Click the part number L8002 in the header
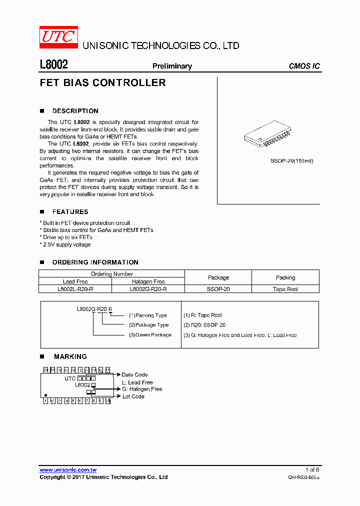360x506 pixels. (53, 65)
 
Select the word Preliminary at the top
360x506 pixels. (172, 66)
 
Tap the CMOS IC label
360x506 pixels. (304, 66)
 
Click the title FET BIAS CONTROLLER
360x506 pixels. (102, 83)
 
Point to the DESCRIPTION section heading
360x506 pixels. (75, 111)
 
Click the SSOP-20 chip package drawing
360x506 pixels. (267, 134)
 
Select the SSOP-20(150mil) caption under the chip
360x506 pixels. (292, 161)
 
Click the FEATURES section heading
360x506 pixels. (70, 212)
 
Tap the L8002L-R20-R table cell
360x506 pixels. (75, 289)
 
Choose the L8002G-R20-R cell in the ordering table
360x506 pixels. (148, 289)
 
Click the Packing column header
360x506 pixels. (285, 277)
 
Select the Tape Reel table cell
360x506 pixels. (285, 289)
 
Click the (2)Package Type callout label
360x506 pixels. (148, 325)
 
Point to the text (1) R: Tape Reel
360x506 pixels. (202, 315)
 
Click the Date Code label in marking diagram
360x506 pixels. (134, 374)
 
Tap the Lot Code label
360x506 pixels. (133, 396)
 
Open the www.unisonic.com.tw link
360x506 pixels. (68, 469)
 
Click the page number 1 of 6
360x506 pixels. (312, 469)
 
